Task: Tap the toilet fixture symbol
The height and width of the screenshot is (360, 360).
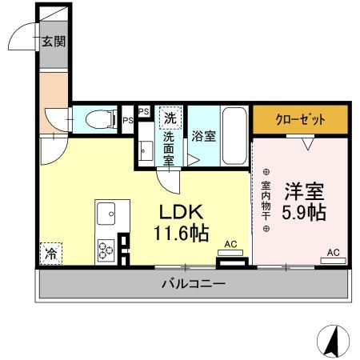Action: point(97,120)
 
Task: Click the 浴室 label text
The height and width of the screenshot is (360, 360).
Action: point(203,136)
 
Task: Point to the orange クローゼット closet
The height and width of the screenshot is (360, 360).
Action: point(301,119)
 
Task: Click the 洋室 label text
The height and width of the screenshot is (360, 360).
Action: point(302,192)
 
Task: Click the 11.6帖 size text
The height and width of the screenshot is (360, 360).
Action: point(182,234)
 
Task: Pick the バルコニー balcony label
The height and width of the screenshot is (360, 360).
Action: point(193,283)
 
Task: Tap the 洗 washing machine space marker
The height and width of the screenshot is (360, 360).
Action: point(170,118)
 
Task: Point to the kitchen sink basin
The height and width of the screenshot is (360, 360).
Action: point(107,214)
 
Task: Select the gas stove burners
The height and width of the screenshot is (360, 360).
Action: point(106,248)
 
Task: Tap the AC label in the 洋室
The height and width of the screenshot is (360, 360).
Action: point(333,253)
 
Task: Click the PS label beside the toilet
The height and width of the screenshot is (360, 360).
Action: point(128,121)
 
